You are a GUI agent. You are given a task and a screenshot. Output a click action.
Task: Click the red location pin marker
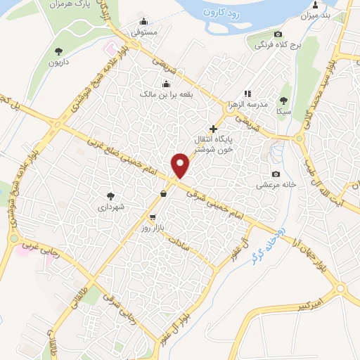tap(181, 165)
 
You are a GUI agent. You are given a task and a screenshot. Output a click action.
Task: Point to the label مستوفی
tap(145, 32)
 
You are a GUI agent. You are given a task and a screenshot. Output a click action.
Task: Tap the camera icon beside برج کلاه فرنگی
tap(278, 34)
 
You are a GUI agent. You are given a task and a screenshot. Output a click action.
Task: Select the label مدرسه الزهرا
tap(249, 104)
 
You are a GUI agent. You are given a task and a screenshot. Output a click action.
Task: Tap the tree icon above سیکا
tap(283, 100)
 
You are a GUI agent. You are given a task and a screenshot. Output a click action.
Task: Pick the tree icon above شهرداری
tap(110, 195)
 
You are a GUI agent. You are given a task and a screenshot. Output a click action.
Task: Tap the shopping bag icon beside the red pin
tap(163, 194)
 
